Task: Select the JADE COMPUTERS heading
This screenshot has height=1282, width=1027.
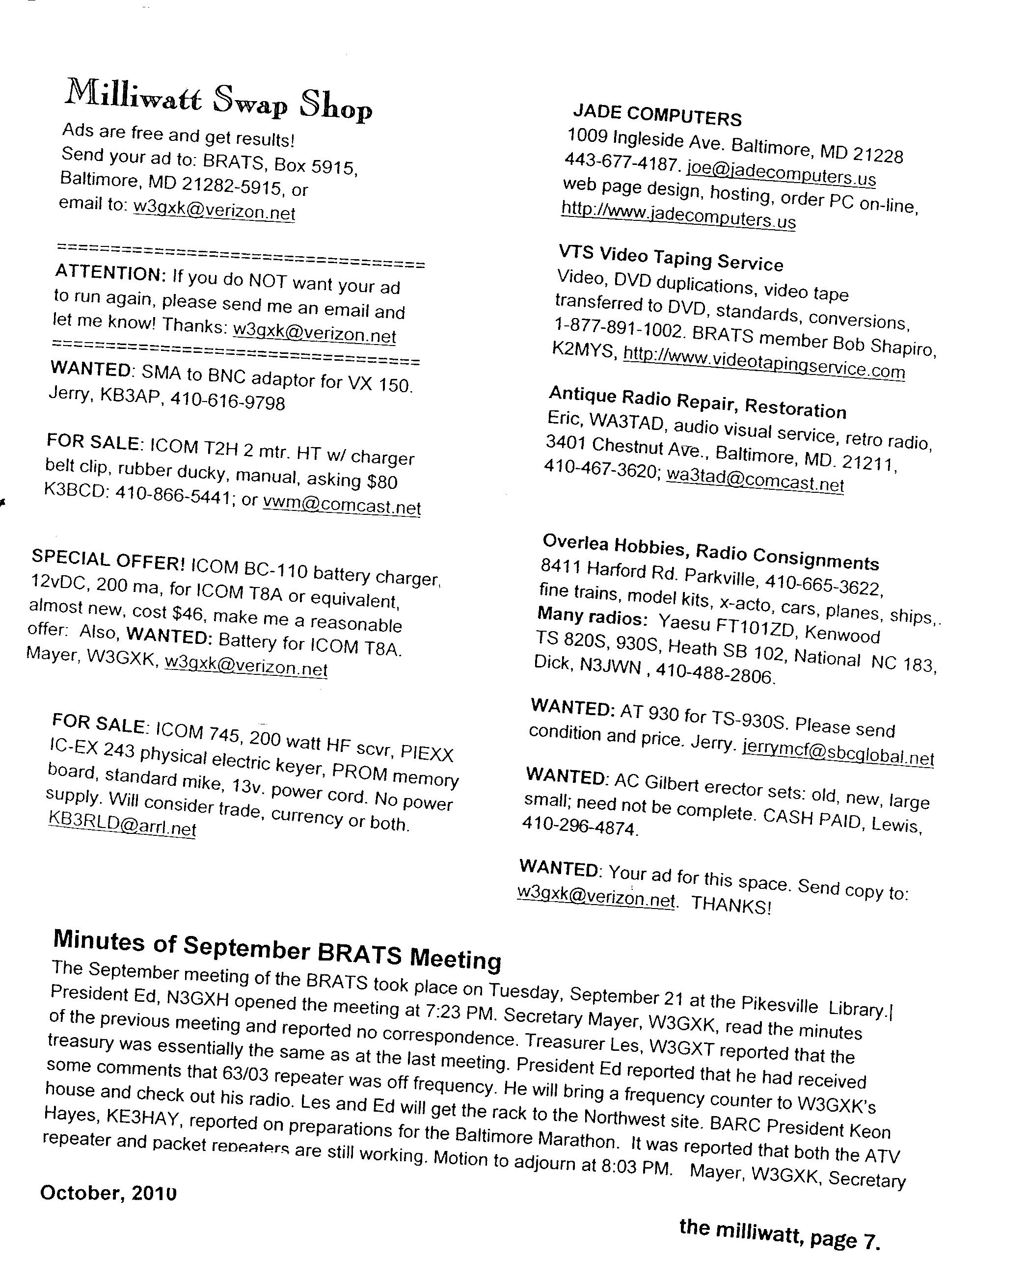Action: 657,115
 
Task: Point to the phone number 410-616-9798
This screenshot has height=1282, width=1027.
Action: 228,402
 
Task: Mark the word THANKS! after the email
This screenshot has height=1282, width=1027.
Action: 731,906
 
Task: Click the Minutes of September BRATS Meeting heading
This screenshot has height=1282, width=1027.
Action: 277,949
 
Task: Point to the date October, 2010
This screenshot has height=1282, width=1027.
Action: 108,1193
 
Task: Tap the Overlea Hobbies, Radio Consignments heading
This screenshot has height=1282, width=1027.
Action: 711,551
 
